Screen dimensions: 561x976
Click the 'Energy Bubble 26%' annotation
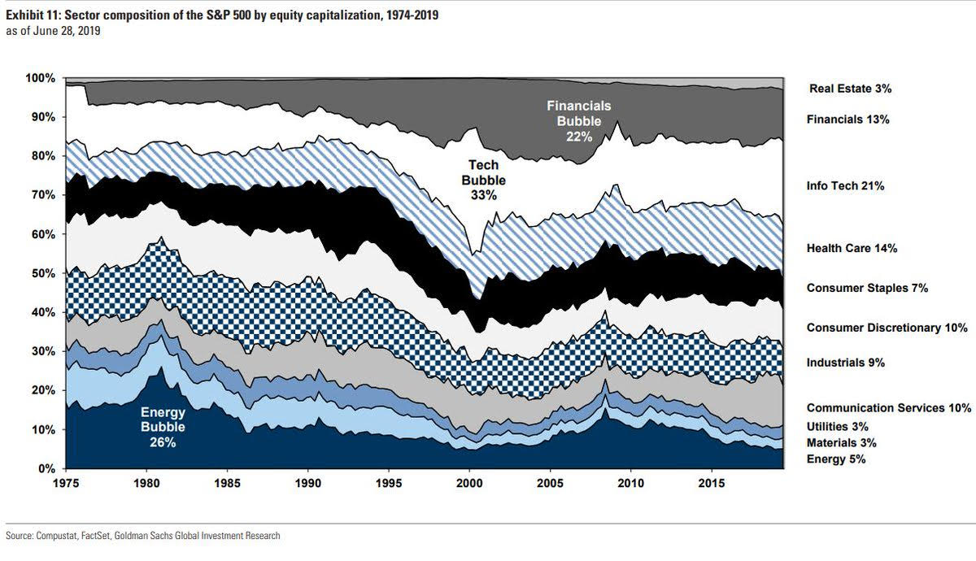tap(163, 427)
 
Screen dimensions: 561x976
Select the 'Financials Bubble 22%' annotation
tap(578, 121)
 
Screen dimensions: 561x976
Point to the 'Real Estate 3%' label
tap(856, 88)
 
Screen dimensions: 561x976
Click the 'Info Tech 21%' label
tap(845, 186)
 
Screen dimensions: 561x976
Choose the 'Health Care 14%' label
tap(852, 248)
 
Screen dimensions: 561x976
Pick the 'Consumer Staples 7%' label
tap(867, 288)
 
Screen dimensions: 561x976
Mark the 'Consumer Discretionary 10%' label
tap(887, 328)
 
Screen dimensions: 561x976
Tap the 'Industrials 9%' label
tap(845, 363)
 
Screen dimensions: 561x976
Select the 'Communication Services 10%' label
tap(889, 408)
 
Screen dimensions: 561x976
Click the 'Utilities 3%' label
tap(837, 426)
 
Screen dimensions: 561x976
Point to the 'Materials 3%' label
tap(840, 443)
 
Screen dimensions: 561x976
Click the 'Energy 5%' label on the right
tap(835, 459)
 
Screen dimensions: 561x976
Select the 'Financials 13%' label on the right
tap(848, 120)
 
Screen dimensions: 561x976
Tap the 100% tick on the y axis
tap(40, 78)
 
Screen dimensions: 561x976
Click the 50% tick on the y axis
tap(42, 273)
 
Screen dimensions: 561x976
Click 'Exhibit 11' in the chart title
tap(32, 15)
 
